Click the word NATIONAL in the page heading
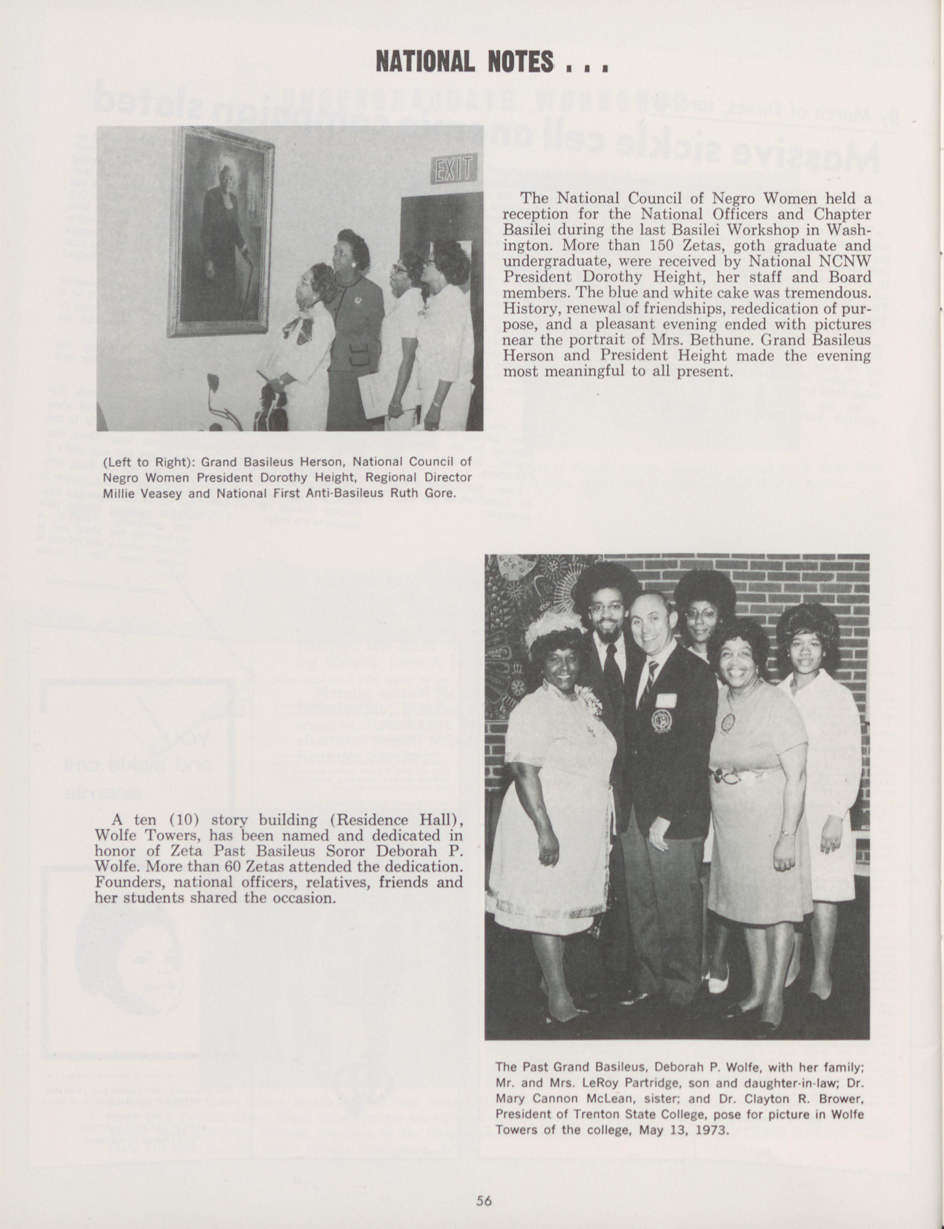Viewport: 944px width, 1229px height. [425, 62]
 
